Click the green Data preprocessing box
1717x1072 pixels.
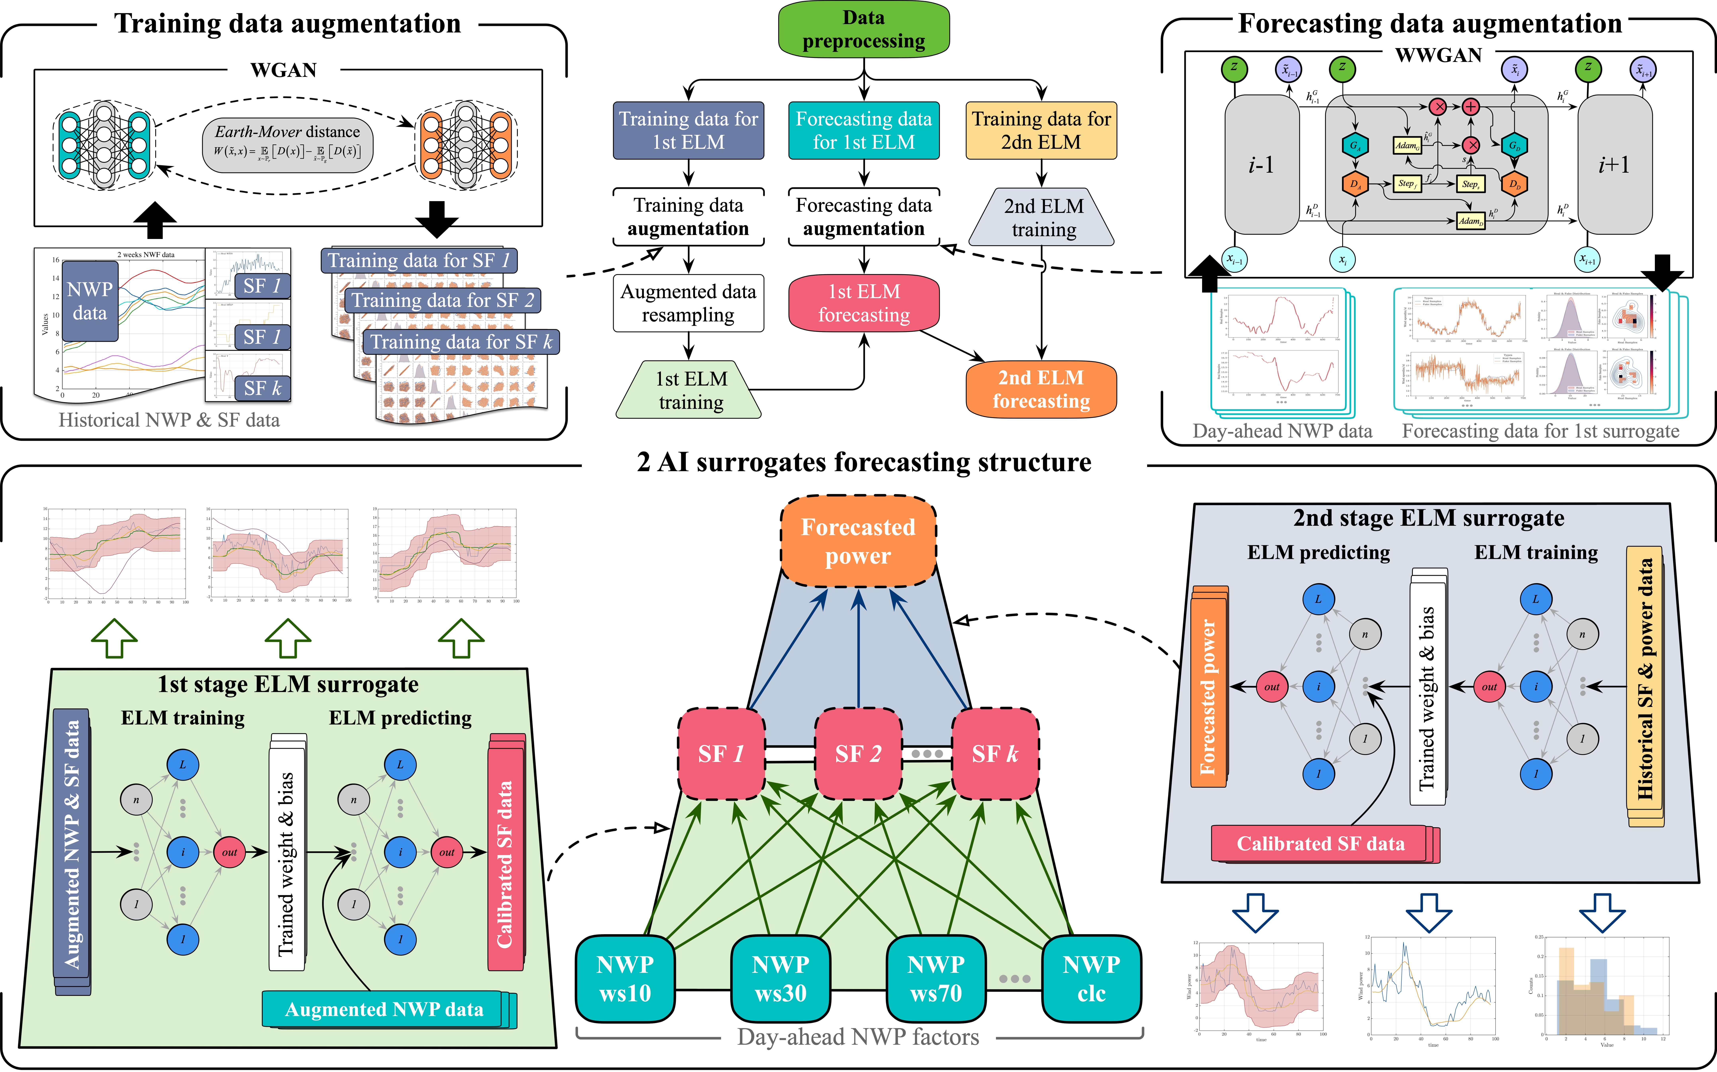[863, 30]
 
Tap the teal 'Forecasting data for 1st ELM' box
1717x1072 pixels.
[863, 130]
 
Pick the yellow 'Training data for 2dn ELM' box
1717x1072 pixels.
[1041, 130]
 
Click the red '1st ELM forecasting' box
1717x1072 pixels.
[863, 303]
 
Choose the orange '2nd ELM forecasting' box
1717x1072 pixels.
[1041, 389]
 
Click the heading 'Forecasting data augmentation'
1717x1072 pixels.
[1429, 23]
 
